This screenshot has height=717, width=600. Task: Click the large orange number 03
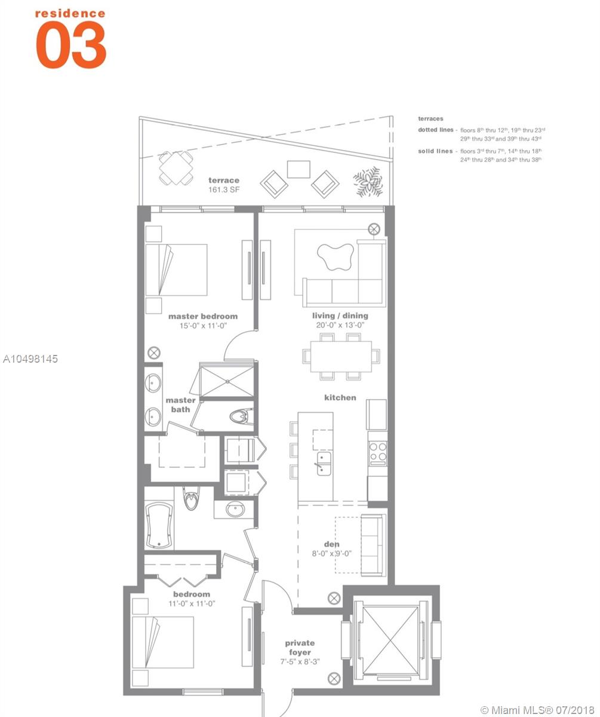point(71,44)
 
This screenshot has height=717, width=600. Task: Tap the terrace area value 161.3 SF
point(224,189)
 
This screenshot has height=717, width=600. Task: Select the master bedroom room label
point(203,316)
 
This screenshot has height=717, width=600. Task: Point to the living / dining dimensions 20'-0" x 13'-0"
point(340,325)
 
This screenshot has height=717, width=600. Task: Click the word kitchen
point(340,398)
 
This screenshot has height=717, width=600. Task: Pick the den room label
point(332,544)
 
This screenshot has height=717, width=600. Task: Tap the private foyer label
point(300,648)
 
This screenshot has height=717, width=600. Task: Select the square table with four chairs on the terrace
point(176,168)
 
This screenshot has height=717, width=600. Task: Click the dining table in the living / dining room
point(341,357)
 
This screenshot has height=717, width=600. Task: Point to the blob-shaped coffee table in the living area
point(335,257)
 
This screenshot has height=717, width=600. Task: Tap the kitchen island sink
point(324,464)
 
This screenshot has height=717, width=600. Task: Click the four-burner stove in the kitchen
point(378,454)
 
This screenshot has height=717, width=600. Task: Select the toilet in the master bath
point(241,416)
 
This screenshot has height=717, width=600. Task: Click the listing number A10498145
point(30,359)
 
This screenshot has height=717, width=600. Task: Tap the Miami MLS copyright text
point(537,709)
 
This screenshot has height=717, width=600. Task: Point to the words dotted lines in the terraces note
point(436,130)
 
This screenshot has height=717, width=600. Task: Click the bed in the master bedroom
point(176,269)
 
